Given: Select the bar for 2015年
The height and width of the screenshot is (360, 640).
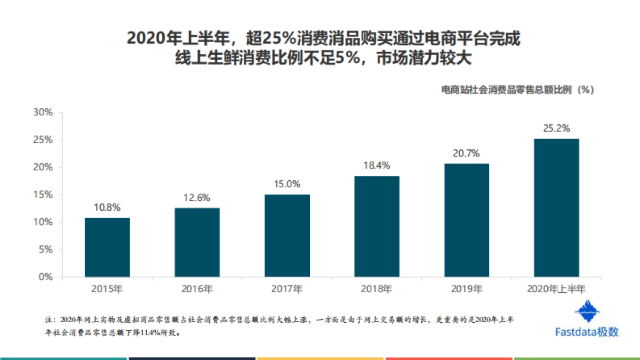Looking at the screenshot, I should pyautogui.click(x=107, y=247).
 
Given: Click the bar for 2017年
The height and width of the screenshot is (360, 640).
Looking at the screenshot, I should pyautogui.click(x=287, y=236).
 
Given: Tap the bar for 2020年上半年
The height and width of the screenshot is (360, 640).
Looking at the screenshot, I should pyautogui.click(x=556, y=208).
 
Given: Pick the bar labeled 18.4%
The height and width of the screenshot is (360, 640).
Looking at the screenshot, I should pyautogui.click(x=377, y=227).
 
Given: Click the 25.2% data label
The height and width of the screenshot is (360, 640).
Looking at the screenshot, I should pyautogui.click(x=556, y=129).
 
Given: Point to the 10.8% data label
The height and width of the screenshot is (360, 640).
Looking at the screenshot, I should pyautogui.click(x=107, y=207).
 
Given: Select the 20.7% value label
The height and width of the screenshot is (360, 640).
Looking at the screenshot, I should pyautogui.click(x=466, y=153).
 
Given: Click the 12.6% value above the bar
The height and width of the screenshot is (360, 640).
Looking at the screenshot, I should pyautogui.click(x=197, y=197).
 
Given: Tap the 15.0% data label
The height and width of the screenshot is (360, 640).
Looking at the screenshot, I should pyautogui.click(x=287, y=184).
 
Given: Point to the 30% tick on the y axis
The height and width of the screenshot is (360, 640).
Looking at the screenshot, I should pyautogui.click(x=43, y=113).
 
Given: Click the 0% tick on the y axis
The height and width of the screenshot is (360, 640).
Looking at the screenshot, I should pyautogui.click(x=45, y=277).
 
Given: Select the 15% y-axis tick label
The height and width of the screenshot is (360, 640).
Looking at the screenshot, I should pyautogui.click(x=43, y=195).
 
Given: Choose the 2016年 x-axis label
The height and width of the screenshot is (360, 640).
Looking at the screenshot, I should pyautogui.click(x=197, y=290).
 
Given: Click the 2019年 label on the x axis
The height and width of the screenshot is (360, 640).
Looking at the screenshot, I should pyautogui.click(x=466, y=290).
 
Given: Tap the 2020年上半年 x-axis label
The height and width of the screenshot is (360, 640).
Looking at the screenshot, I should pyautogui.click(x=556, y=290).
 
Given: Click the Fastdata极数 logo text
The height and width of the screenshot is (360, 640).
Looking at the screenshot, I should pyautogui.click(x=587, y=332).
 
